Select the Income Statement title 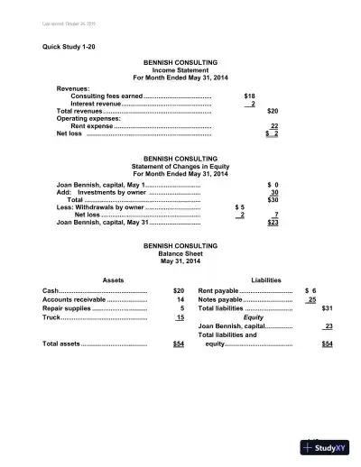coord(180,70)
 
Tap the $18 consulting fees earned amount coord(250,95)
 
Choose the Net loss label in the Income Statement coord(69,134)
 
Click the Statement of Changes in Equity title coord(180,165)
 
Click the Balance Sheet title coord(180,253)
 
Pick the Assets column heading coord(114,280)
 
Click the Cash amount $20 coord(179,290)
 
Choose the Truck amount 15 coord(180,317)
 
